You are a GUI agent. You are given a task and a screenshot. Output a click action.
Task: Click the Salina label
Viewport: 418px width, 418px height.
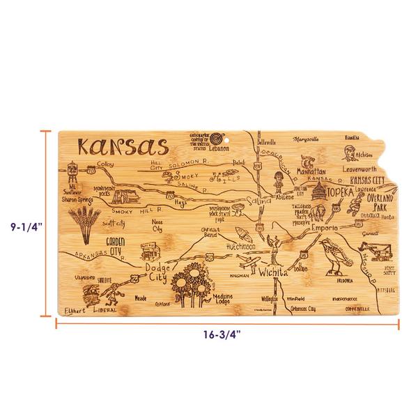(254, 201)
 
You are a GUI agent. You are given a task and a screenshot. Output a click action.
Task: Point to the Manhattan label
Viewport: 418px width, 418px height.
(310, 171)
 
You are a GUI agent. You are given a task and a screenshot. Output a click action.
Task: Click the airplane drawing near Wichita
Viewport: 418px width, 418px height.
(245, 263)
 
